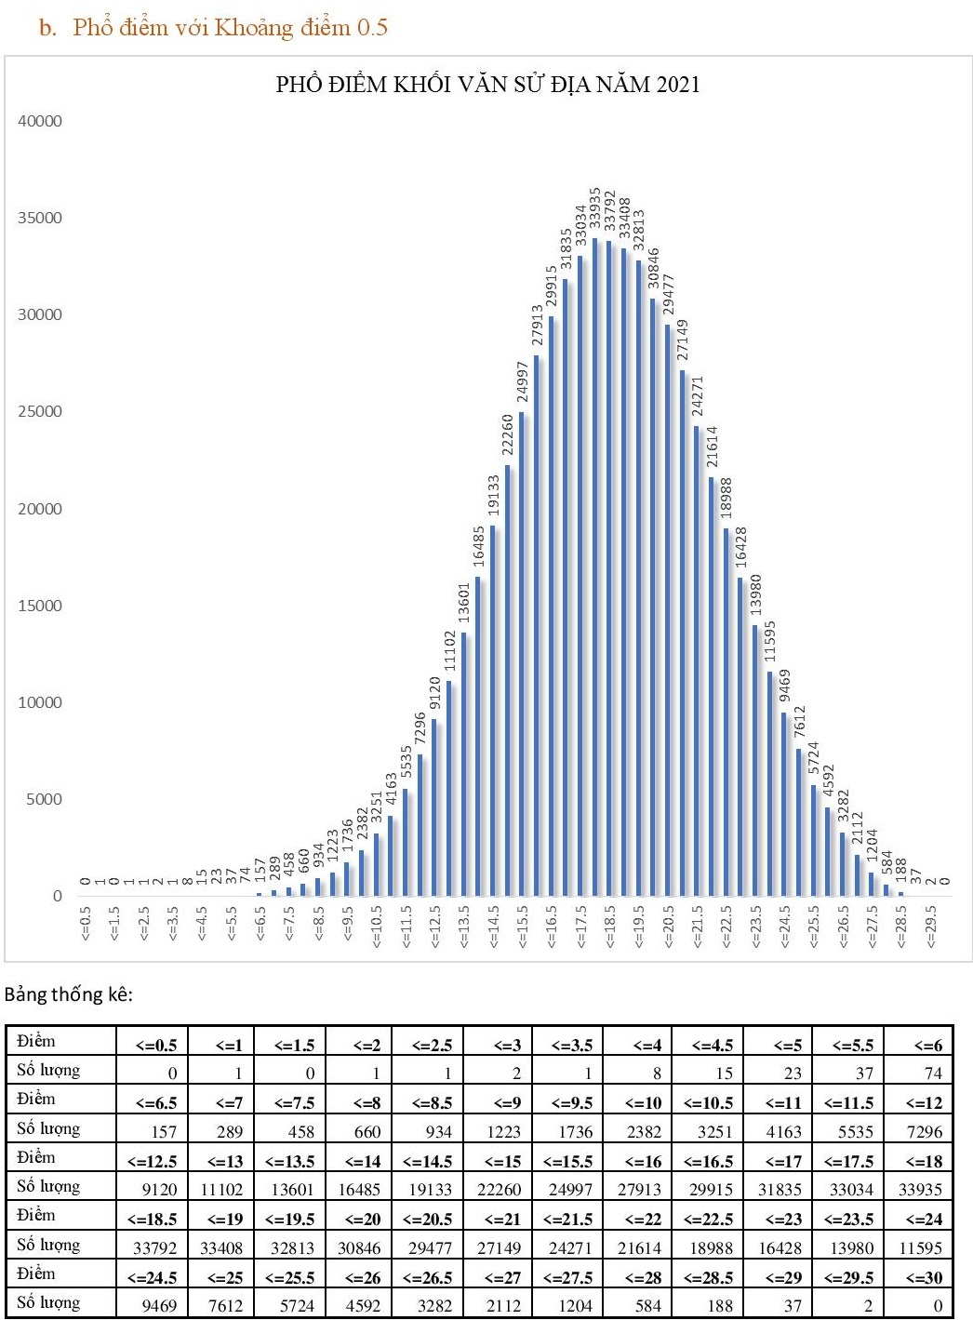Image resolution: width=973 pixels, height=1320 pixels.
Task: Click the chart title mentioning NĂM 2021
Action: click(x=487, y=85)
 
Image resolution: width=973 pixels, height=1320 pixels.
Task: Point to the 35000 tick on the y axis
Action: click(x=40, y=218)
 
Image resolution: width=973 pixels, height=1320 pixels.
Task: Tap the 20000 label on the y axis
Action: click(x=40, y=509)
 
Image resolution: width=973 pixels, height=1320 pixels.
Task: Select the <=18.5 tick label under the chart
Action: click(x=610, y=927)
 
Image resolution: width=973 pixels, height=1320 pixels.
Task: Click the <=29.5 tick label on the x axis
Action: click(x=930, y=927)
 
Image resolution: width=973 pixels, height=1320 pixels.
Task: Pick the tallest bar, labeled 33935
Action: click(x=595, y=567)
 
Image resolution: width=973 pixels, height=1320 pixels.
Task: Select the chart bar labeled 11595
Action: click(x=770, y=783)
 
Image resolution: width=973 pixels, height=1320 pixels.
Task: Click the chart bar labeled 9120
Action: click(x=434, y=807)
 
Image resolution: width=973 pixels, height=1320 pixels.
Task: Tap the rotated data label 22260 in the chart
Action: click(x=508, y=435)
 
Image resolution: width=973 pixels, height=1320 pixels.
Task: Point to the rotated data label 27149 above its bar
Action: click(x=683, y=340)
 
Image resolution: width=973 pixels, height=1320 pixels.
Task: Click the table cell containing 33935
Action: click(x=919, y=1189)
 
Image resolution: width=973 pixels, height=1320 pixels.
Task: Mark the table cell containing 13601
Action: click(x=292, y=1189)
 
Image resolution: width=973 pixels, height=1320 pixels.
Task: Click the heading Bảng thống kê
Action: click(x=69, y=994)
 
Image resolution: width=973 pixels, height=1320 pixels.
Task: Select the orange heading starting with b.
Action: click(x=213, y=27)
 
